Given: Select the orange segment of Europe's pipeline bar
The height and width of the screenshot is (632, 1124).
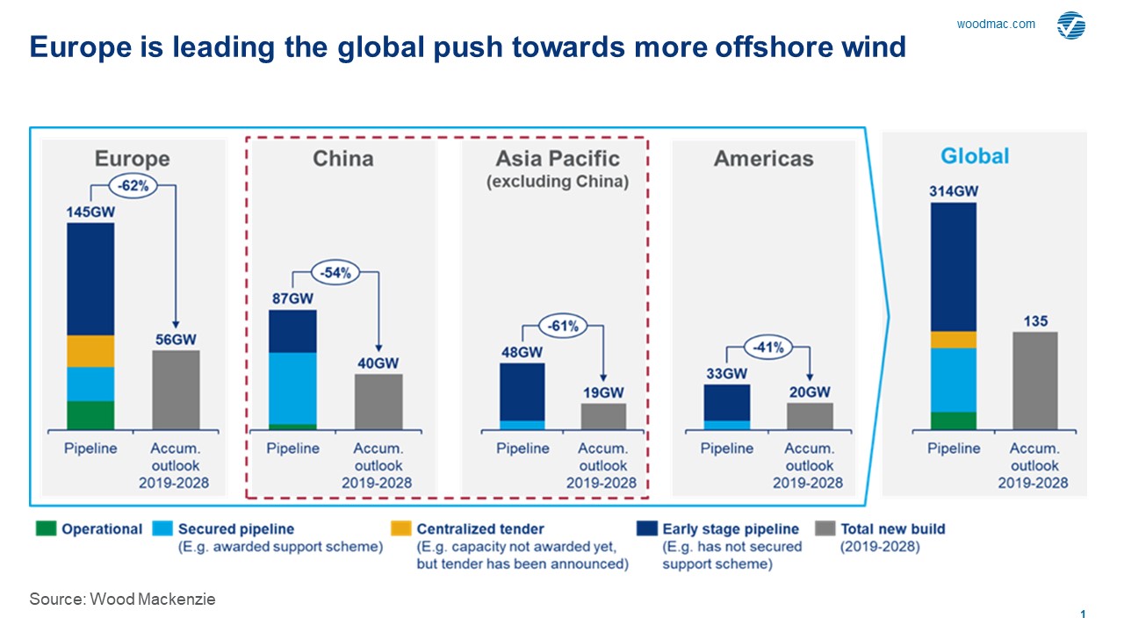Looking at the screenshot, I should pyautogui.click(x=90, y=351).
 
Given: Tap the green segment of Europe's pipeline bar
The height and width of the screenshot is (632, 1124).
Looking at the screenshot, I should pyautogui.click(x=90, y=415).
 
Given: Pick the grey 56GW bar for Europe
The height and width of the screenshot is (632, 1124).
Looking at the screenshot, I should pyautogui.click(x=176, y=390).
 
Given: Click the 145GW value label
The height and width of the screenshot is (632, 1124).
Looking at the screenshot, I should pyautogui.click(x=90, y=212).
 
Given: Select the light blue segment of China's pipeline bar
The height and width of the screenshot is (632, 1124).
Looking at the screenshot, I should pyautogui.click(x=292, y=388).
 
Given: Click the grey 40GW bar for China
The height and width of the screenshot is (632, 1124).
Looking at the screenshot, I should pyautogui.click(x=378, y=401).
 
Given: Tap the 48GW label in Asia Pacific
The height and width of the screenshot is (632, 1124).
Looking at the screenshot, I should pyautogui.click(x=521, y=352).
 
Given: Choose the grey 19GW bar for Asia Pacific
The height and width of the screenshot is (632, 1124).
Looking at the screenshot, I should pyautogui.click(x=604, y=416).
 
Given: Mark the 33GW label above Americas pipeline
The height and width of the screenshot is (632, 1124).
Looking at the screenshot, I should pyautogui.click(x=726, y=373).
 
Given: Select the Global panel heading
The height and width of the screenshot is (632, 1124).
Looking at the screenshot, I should pyautogui.click(x=975, y=156).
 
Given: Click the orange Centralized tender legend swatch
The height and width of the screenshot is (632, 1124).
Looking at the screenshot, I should pyautogui.click(x=400, y=529).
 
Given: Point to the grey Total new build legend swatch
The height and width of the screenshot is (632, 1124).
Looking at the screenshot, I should pyautogui.click(x=825, y=529).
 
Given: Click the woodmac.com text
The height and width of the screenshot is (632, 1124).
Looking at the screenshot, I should pyautogui.click(x=996, y=25).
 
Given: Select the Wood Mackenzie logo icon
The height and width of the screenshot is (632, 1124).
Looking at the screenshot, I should pyautogui.click(x=1071, y=25).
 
